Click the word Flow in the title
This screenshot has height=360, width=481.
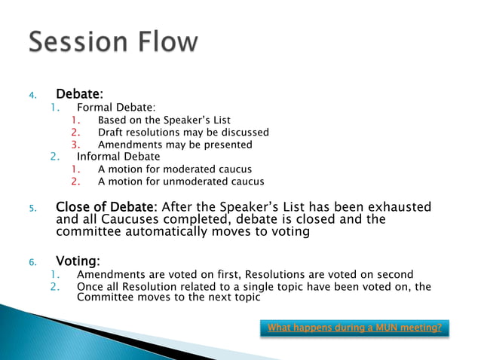pyautogui.click(x=171, y=42)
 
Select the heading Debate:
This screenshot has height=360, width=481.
pyautogui.click(x=79, y=95)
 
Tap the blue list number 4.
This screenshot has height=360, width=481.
pyautogui.click(x=32, y=96)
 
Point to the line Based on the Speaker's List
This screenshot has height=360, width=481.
pyautogui.click(x=164, y=120)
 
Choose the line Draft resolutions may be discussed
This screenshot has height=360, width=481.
pyautogui.click(x=182, y=132)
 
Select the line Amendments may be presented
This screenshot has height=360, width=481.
pyautogui.click(x=175, y=145)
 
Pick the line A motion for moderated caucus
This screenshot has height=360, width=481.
pyautogui.click(x=174, y=169)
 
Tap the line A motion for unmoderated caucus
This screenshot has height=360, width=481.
pyautogui.click(x=181, y=181)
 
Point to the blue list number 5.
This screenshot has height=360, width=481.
pyautogui.click(x=32, y=207)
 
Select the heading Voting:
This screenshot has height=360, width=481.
pyautogui.click(x=78, y=261)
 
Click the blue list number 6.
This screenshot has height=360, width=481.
pyautogui.click(x=32, y=262)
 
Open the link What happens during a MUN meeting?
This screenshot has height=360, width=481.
pyautogui.click(x=354, y=328)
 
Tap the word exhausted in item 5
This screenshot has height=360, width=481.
pyautogui.click(x=398, y=206)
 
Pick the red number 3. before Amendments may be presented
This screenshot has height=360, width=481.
pyautogui.click(x=75, y=145)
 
